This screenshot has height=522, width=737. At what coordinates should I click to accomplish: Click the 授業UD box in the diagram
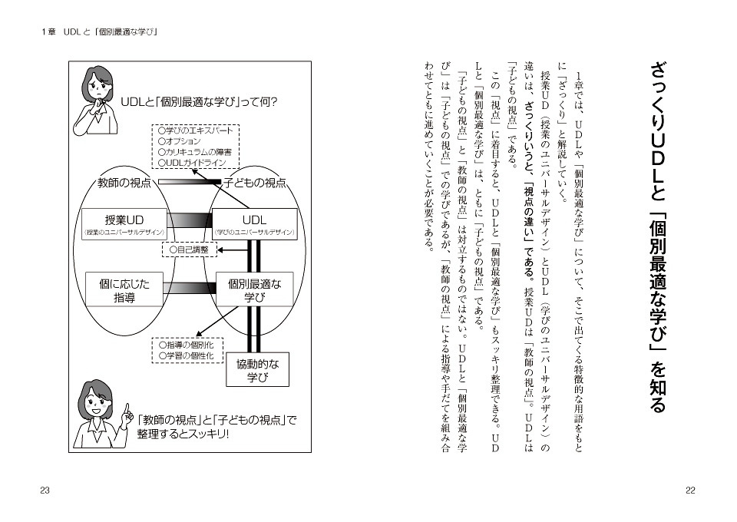pos(124,224)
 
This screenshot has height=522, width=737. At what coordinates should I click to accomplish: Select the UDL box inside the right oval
pos(255,224)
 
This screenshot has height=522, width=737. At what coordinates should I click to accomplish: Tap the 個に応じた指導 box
pos(124,289)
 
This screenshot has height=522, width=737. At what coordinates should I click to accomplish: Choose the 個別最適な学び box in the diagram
pos(255,289)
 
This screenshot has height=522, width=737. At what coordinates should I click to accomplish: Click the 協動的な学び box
pos(258,369)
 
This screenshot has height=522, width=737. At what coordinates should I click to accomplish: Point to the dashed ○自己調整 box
pos(190,249)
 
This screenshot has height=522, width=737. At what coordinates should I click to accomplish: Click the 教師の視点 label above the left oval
pos(124,183)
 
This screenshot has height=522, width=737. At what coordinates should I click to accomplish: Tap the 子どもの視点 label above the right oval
pos(254,183)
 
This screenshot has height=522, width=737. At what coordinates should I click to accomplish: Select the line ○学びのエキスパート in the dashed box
pos(196,130)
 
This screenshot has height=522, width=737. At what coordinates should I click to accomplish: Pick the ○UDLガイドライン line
pos(192,163)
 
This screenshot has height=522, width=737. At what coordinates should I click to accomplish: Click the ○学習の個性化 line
pos(186,355)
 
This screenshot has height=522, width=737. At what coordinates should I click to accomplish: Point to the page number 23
pos(45,491)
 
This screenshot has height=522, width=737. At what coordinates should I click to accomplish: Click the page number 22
pos(690,491)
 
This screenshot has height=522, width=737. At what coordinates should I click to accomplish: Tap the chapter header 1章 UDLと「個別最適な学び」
pos(99,32)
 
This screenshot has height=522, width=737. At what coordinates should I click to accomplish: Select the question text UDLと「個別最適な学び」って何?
pos(200,101)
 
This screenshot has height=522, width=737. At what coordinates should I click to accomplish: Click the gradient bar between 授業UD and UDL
pos(190,220)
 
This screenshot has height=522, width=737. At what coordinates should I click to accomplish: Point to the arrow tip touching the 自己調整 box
pos(218,250)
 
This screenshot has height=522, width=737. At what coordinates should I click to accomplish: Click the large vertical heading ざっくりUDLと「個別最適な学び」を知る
pos(659,237)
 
